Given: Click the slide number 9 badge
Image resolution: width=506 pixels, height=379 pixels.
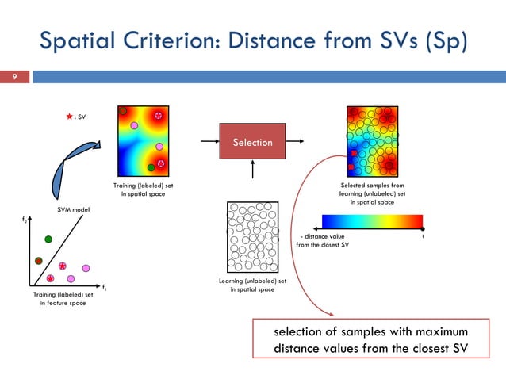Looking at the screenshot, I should coord(13,77).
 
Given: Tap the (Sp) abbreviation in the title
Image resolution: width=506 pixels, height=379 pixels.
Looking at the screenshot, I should coord(442,40).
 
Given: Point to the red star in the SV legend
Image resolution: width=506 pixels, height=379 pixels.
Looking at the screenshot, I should coord(70,116).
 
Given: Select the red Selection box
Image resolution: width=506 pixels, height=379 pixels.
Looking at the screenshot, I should coord(252,142).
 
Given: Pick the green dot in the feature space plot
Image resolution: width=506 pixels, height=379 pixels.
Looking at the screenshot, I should coord(48,239).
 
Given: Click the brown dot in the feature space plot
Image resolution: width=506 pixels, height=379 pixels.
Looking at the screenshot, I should coord(38,260).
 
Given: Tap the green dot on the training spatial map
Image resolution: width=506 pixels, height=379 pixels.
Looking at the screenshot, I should coord(151,168).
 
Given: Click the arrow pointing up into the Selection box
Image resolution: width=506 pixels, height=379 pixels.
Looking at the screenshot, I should coord(252,170).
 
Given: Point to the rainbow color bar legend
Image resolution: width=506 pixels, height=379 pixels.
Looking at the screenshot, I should coord(372,221).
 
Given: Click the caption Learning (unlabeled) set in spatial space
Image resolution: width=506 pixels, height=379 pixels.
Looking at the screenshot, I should coord(252,285).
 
